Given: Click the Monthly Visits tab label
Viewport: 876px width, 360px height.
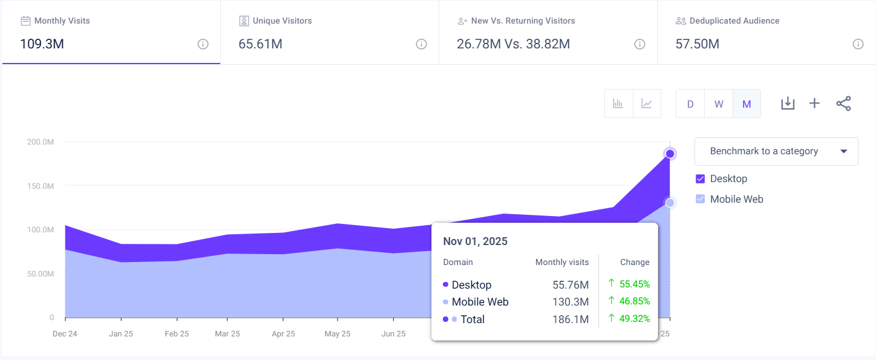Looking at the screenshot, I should pos(62,21).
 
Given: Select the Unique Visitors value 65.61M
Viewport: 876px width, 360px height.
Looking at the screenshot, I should pos(260,44).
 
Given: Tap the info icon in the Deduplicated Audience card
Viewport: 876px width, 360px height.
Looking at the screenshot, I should pos(857,44).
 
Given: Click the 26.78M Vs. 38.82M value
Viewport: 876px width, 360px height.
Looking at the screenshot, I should pos(513,44).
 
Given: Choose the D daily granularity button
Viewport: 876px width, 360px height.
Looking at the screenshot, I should pos(690,103).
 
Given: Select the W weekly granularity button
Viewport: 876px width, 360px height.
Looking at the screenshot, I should pos(719,103).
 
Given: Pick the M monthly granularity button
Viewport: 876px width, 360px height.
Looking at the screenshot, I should pos(747,103).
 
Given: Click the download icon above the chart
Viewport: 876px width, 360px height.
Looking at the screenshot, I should pos(787,103).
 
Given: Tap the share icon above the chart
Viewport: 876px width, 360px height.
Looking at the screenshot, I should pos(843,103).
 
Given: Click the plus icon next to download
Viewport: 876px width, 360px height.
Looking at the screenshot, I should pos(814,103).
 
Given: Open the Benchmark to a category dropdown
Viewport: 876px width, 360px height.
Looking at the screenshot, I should pos(776,151).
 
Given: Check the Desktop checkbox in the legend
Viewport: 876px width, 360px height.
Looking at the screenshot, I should pos(701,179).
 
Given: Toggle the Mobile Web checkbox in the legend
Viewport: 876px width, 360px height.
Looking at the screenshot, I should pos(701,199).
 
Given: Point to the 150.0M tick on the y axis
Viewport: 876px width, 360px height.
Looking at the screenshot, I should pos(41,186).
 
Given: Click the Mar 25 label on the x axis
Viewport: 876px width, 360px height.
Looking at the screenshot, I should pos(227,334).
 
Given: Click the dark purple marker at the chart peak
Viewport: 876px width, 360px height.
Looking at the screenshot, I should pos(670,154).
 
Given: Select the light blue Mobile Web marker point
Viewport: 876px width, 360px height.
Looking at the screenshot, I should pos(670,203).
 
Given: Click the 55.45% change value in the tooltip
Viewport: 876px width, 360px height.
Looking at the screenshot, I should pos(634,284).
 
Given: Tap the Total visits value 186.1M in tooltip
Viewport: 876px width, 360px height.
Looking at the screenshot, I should pos(570,319).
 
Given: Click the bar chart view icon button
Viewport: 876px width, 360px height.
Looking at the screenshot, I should pos(618,103).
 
